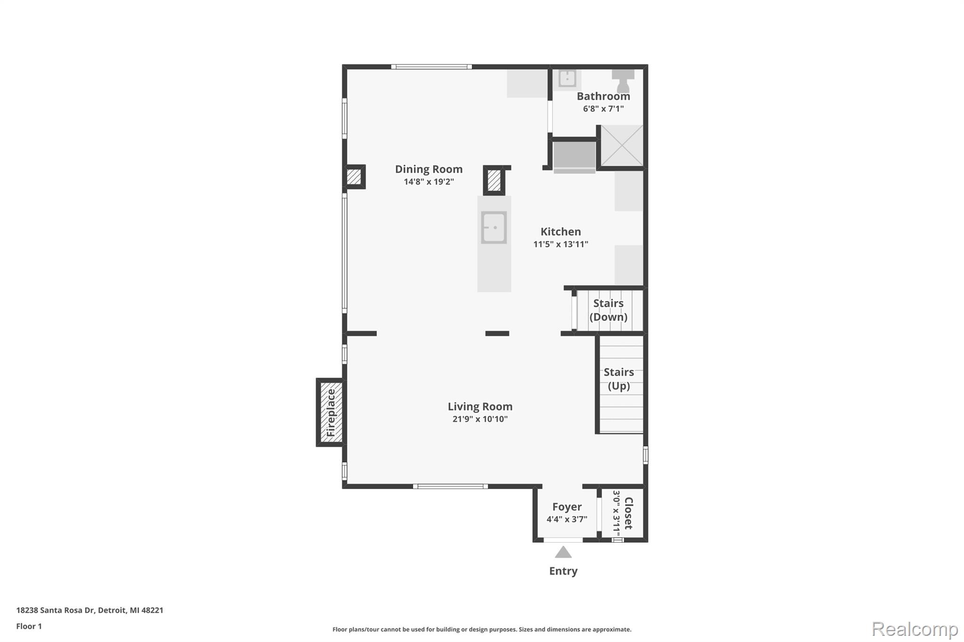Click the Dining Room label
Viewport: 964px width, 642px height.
[428, 169]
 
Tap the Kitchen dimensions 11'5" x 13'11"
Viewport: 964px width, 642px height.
[560, 244]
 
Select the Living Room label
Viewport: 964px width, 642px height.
[480, 407]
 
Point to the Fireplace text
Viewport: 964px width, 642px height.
[331, 412]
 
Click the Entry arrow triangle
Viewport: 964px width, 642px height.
[563, 552]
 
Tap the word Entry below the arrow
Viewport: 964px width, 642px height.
[563, 571]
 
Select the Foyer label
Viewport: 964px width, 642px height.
[567, 507]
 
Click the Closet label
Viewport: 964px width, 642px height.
[628, 513]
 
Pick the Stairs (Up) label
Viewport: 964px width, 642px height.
[619, 379]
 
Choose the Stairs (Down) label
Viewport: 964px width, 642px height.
[608, 310]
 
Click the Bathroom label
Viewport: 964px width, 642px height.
[603, 96]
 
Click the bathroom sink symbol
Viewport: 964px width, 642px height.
[567, 79]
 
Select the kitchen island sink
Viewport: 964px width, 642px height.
[494, 228]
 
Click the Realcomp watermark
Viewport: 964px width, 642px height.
[915, 629]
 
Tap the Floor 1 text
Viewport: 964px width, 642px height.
[29, 626]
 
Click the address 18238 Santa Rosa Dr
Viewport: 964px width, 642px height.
[89, 610]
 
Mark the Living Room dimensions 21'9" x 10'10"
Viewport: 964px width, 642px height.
[480, 419]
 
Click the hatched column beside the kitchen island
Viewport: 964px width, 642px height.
[494, 180]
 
